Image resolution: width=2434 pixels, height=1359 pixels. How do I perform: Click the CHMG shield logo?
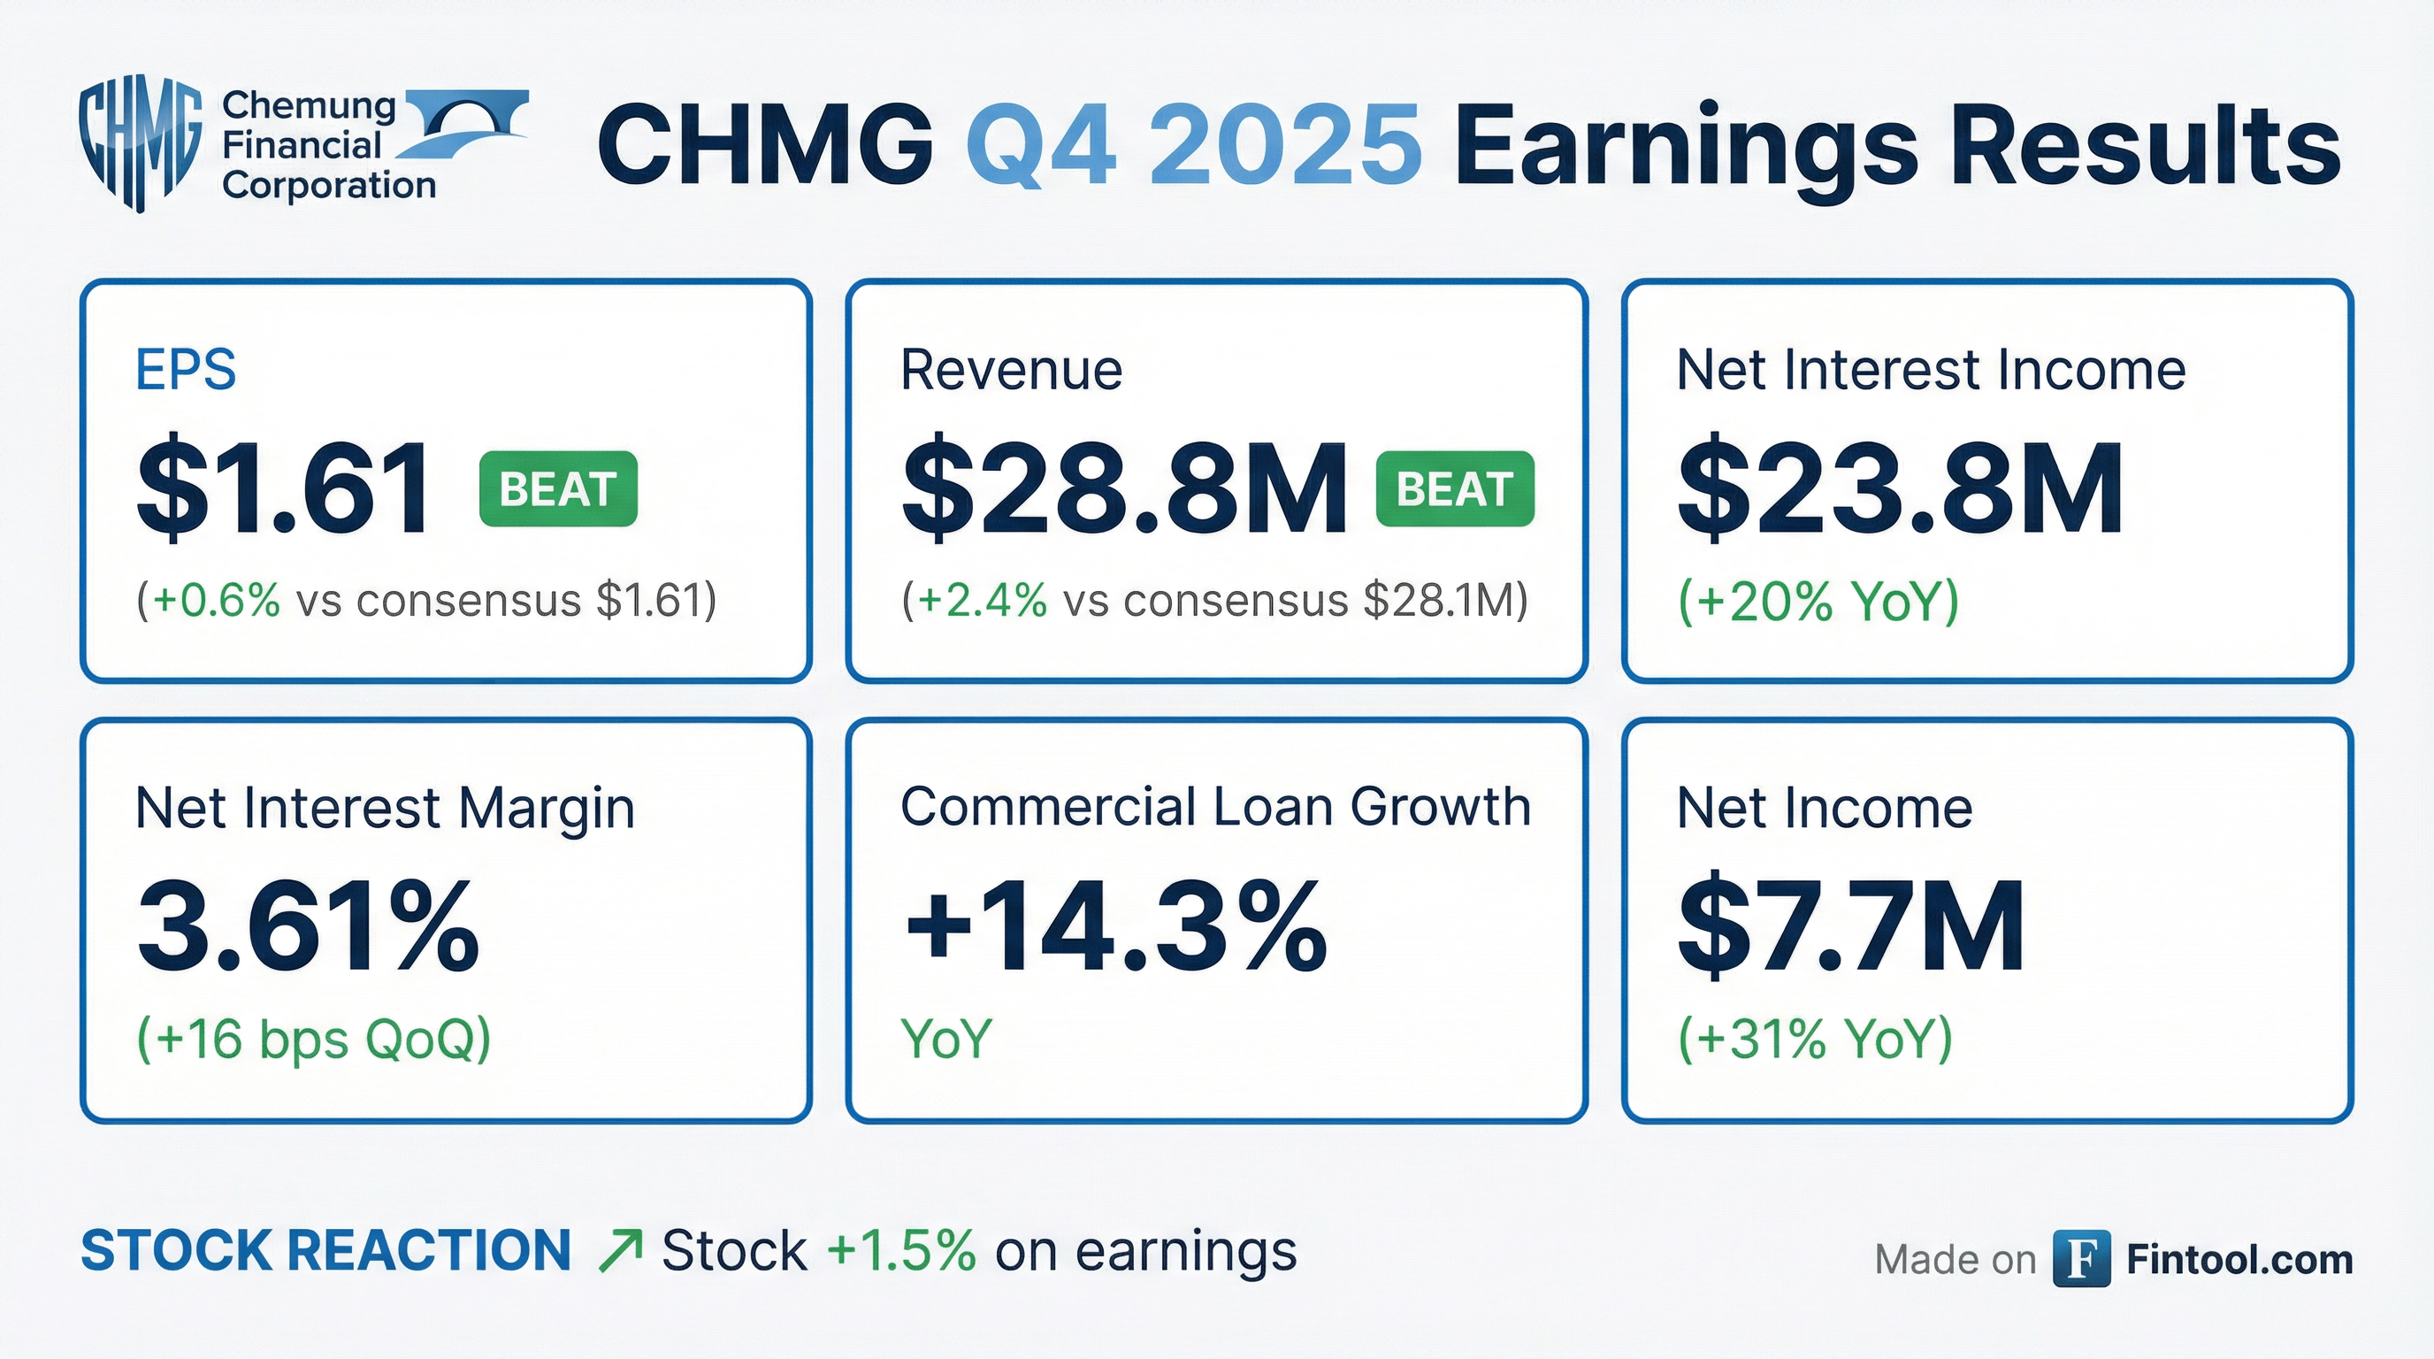click(x=140, y=142)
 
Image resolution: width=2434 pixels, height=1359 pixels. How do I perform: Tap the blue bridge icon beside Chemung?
click(x=466, y=122)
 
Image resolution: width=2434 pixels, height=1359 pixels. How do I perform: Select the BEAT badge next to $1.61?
click(x=558, y=488)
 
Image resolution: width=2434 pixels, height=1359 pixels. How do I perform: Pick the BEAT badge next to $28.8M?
click(x=1455, y=488)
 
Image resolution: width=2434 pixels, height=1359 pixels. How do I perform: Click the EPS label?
click(x=185, y=370)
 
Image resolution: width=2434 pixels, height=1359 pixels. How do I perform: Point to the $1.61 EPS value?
click(x=283, y=489)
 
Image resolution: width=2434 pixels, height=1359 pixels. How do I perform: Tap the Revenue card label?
click(x=1011, y=370)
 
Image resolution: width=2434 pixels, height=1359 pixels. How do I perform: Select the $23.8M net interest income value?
click(x=1899, y=489)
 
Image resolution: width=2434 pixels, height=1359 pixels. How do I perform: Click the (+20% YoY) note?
click(x=1818, y=601)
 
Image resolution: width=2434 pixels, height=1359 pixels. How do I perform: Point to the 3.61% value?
click(x=308, y=927)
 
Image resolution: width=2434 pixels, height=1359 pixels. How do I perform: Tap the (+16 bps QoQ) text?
click(x=314, y=1039)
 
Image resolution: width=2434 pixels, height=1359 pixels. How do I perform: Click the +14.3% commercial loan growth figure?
click(x=1115, y=927)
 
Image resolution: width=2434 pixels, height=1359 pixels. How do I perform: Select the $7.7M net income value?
click(x=1850, y=927)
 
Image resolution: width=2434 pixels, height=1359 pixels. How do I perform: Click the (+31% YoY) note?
click(x=1814, y=1039)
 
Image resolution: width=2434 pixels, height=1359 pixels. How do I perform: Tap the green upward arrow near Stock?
click(x=621, y=1251)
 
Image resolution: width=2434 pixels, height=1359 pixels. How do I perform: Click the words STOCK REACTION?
click(x=326, y=1251)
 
